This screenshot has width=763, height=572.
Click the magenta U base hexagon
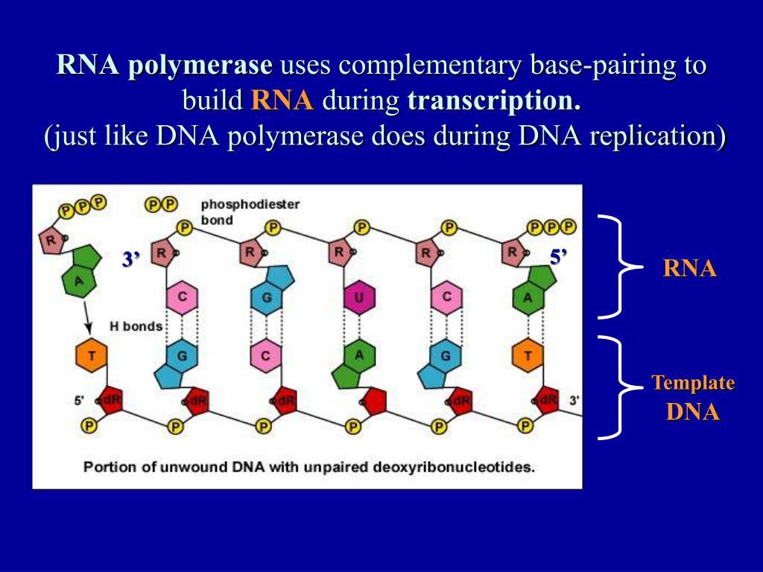coord(358,299)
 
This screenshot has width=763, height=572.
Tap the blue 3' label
coord(132,259)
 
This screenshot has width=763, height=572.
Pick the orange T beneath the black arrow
coord(91,356)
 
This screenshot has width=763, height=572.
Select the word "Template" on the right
coord(693,384)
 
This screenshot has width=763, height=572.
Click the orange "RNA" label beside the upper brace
coord(690,269)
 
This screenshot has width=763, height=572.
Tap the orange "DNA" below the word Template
coord(693,412)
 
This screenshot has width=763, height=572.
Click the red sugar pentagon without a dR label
coord(373,401)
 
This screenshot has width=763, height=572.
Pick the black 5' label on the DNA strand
coord(79,401)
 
